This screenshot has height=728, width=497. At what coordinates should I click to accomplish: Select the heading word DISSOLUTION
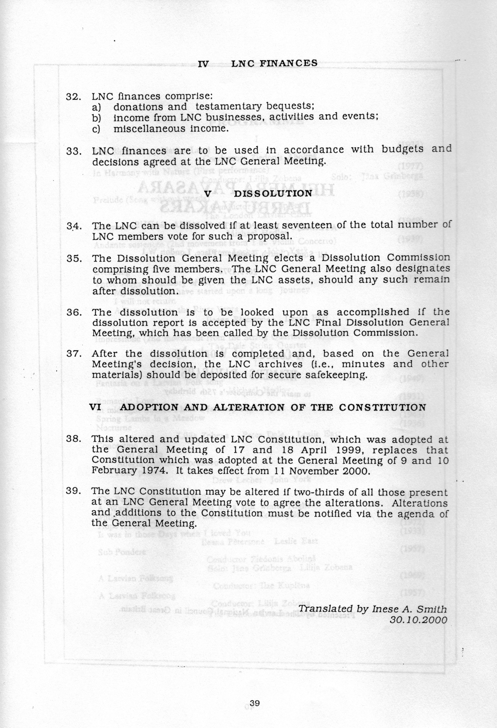coord(273,193)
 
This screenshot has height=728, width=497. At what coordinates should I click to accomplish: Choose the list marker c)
coord(96,129)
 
